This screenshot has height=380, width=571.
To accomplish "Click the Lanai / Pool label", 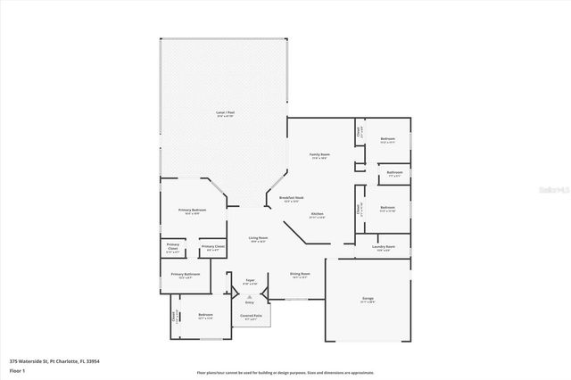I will pos(224,114).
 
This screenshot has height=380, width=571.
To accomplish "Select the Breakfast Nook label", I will pos(292,199).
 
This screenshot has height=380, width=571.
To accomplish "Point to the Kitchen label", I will pos(317,215).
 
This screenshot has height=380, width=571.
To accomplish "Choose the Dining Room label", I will pos(300,276).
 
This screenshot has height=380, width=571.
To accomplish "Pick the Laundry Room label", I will pos(385,248).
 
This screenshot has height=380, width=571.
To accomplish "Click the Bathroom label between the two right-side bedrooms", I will pos(394,173).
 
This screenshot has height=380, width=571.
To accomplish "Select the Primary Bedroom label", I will pos(193,211).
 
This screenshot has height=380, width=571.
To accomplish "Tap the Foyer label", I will pos(251,282).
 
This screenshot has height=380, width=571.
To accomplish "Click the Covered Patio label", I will pos(251,317).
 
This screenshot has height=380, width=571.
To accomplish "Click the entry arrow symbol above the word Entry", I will pos(250,295).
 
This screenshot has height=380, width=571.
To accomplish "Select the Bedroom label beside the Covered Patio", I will pos(206,317).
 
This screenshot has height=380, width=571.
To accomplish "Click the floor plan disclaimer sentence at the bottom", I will pos(285,372).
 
